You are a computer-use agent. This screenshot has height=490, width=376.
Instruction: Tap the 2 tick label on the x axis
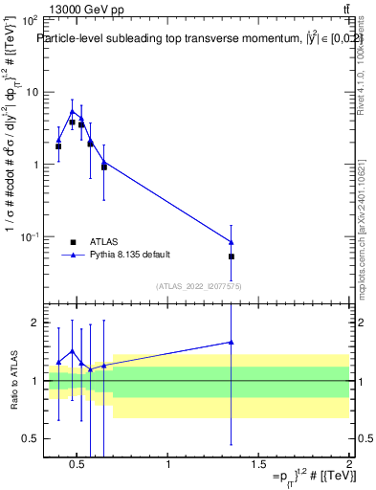tap(349, 465)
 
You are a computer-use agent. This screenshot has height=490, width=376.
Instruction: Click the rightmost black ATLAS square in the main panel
tap(232, 256)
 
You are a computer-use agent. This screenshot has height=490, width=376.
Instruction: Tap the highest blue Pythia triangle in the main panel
tap(72, 111)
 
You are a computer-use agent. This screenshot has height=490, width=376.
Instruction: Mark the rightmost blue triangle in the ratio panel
tap(232, 342)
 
